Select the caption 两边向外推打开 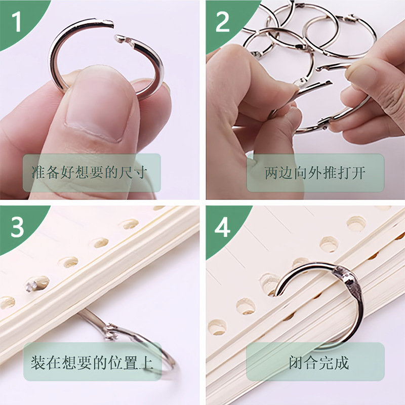click(x=315, y=173)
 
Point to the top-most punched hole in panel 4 click(x=357, y=223)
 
